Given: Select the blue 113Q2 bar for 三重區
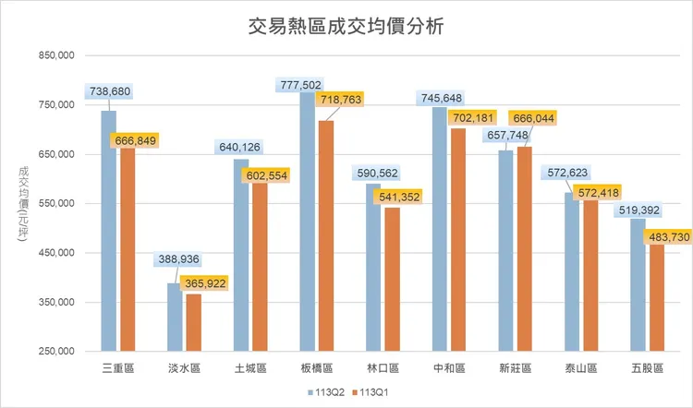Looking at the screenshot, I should coord(109,231).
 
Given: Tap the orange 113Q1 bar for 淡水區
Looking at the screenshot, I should coord(193,323).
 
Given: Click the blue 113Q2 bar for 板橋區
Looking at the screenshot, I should coord(307,222).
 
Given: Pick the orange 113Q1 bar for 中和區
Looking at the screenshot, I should coord(457,240).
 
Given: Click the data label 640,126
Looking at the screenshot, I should coord(240,146).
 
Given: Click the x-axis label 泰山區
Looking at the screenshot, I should coord(580,368).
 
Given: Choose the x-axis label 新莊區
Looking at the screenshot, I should coord(515,368).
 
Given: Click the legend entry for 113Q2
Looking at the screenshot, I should coord(325,391).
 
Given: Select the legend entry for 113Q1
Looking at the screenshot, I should coord(371,391).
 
